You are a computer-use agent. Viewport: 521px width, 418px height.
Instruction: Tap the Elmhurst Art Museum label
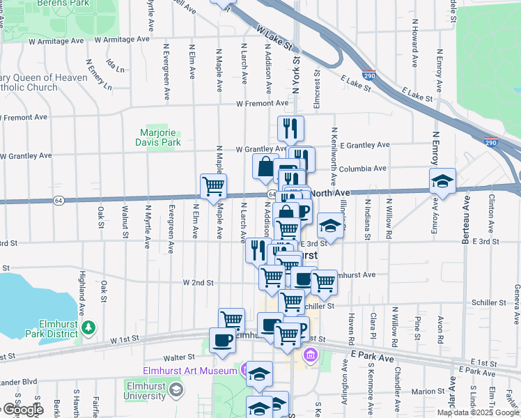[x=190, y=371]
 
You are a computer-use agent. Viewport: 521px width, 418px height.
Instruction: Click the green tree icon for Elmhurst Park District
[x=88, y=327]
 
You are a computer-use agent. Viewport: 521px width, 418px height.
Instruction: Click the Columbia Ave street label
[x=363, y=169]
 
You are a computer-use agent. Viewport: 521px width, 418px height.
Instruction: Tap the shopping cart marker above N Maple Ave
[x=213, y=186]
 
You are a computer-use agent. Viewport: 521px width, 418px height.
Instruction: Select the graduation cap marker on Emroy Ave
[x=442, y=181]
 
